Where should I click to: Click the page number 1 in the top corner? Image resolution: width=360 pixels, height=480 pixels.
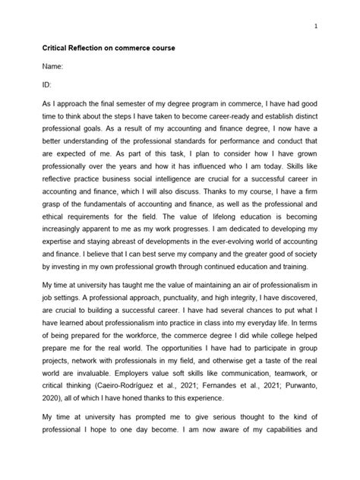315,24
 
